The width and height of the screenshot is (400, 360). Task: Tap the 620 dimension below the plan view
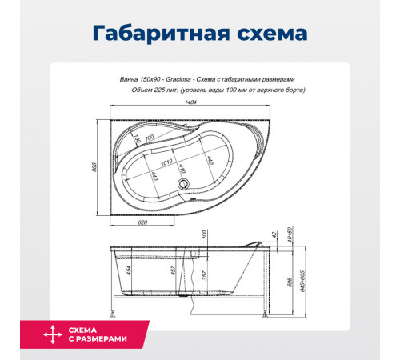pyautogui.click(x=142, y=222)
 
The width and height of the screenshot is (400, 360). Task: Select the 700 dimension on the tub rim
pyautogui.click(x=148, y=138)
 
